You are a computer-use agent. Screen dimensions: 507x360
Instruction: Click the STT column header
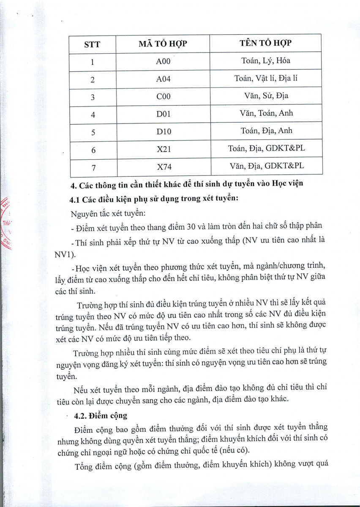[93, 44]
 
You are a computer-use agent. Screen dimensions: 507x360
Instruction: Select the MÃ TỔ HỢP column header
[163, 44]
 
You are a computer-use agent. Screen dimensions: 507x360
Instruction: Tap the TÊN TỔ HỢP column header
[266, 43]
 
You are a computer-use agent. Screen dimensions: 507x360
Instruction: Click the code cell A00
[163, 62]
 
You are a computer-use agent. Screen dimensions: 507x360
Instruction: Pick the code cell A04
[163, 79]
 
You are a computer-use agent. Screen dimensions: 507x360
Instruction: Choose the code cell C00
[163, 96]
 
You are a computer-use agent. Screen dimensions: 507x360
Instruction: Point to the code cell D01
[163, 114]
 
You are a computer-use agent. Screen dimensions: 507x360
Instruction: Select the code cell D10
[163, 131]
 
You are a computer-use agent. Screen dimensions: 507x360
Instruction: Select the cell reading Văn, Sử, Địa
[266, 95]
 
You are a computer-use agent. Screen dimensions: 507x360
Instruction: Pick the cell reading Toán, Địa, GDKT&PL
[266, 148]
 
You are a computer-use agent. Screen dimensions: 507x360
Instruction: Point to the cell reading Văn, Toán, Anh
[266, 113]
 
